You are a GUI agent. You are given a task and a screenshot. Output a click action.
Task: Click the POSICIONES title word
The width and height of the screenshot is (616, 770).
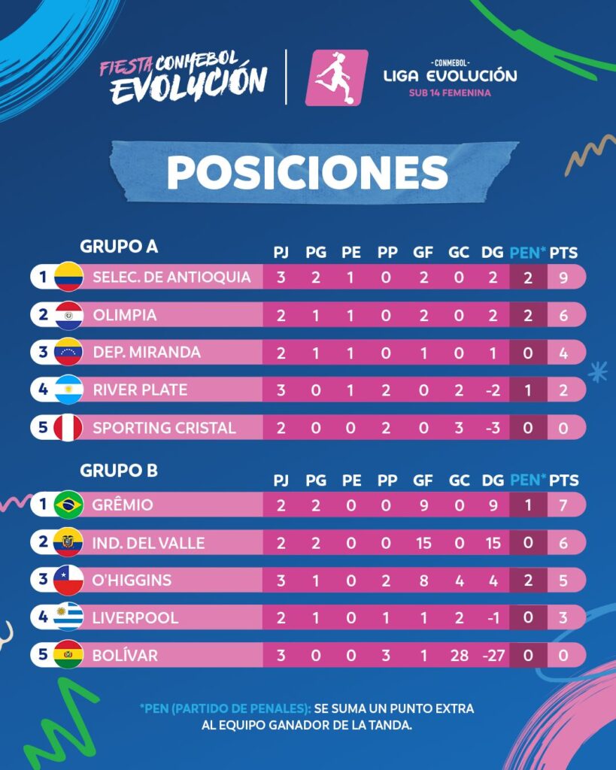308,172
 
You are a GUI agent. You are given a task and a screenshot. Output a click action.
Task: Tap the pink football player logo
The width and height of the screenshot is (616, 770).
336,77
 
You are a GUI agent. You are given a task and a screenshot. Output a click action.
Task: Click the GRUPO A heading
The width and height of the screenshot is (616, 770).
119,247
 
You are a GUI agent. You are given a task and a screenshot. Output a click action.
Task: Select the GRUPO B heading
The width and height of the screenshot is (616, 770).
119,471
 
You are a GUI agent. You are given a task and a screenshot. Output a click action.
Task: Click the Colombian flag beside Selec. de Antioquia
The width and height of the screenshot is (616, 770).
68,277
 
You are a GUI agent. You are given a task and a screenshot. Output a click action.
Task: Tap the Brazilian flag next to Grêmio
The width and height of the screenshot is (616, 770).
68,505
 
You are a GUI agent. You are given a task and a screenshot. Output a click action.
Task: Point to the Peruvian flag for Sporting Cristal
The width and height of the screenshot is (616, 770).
68,428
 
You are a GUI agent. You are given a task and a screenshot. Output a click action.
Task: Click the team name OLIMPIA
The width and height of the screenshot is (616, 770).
125,315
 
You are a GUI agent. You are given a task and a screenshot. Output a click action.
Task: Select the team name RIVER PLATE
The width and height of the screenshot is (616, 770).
140,390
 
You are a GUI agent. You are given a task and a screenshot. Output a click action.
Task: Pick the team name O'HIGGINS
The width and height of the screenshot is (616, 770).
132,581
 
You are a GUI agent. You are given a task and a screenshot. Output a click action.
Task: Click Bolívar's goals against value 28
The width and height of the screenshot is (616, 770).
460,656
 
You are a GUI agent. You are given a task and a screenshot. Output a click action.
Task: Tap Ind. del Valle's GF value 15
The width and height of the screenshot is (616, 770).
423,543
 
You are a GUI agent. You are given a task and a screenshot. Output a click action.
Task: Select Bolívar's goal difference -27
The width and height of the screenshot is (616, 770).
493,656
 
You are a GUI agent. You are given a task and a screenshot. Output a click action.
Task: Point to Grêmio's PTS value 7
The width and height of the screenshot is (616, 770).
563,505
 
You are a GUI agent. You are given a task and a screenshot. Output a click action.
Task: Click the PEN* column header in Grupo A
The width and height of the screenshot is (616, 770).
527,253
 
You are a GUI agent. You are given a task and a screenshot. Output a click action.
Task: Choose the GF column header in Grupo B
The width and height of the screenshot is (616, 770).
423,480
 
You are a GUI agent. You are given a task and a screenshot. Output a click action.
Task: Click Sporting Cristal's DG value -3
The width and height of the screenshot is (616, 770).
493,428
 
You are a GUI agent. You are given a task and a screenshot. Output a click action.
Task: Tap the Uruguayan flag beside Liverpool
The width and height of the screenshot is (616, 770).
68,617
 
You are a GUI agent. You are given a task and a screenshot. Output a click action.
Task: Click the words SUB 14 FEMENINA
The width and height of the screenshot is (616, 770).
450,92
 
